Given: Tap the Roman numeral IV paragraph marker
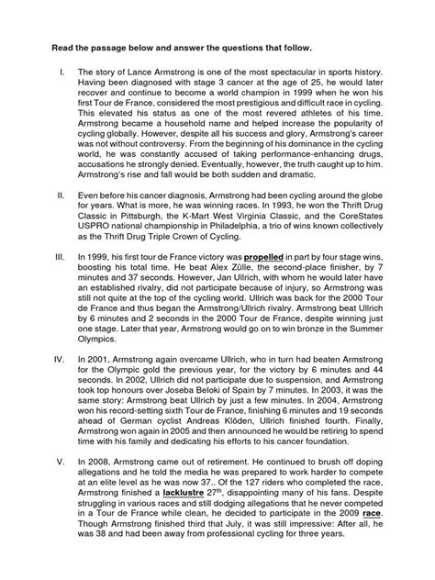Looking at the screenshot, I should [x=61, y=382].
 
